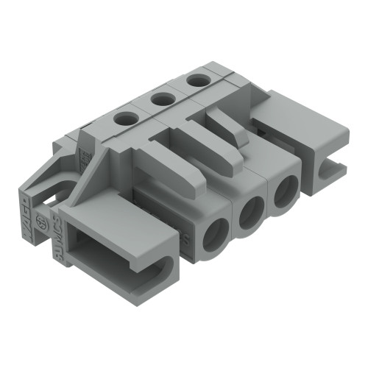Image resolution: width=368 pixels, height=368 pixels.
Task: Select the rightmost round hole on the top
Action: click(x=196, y=79)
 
